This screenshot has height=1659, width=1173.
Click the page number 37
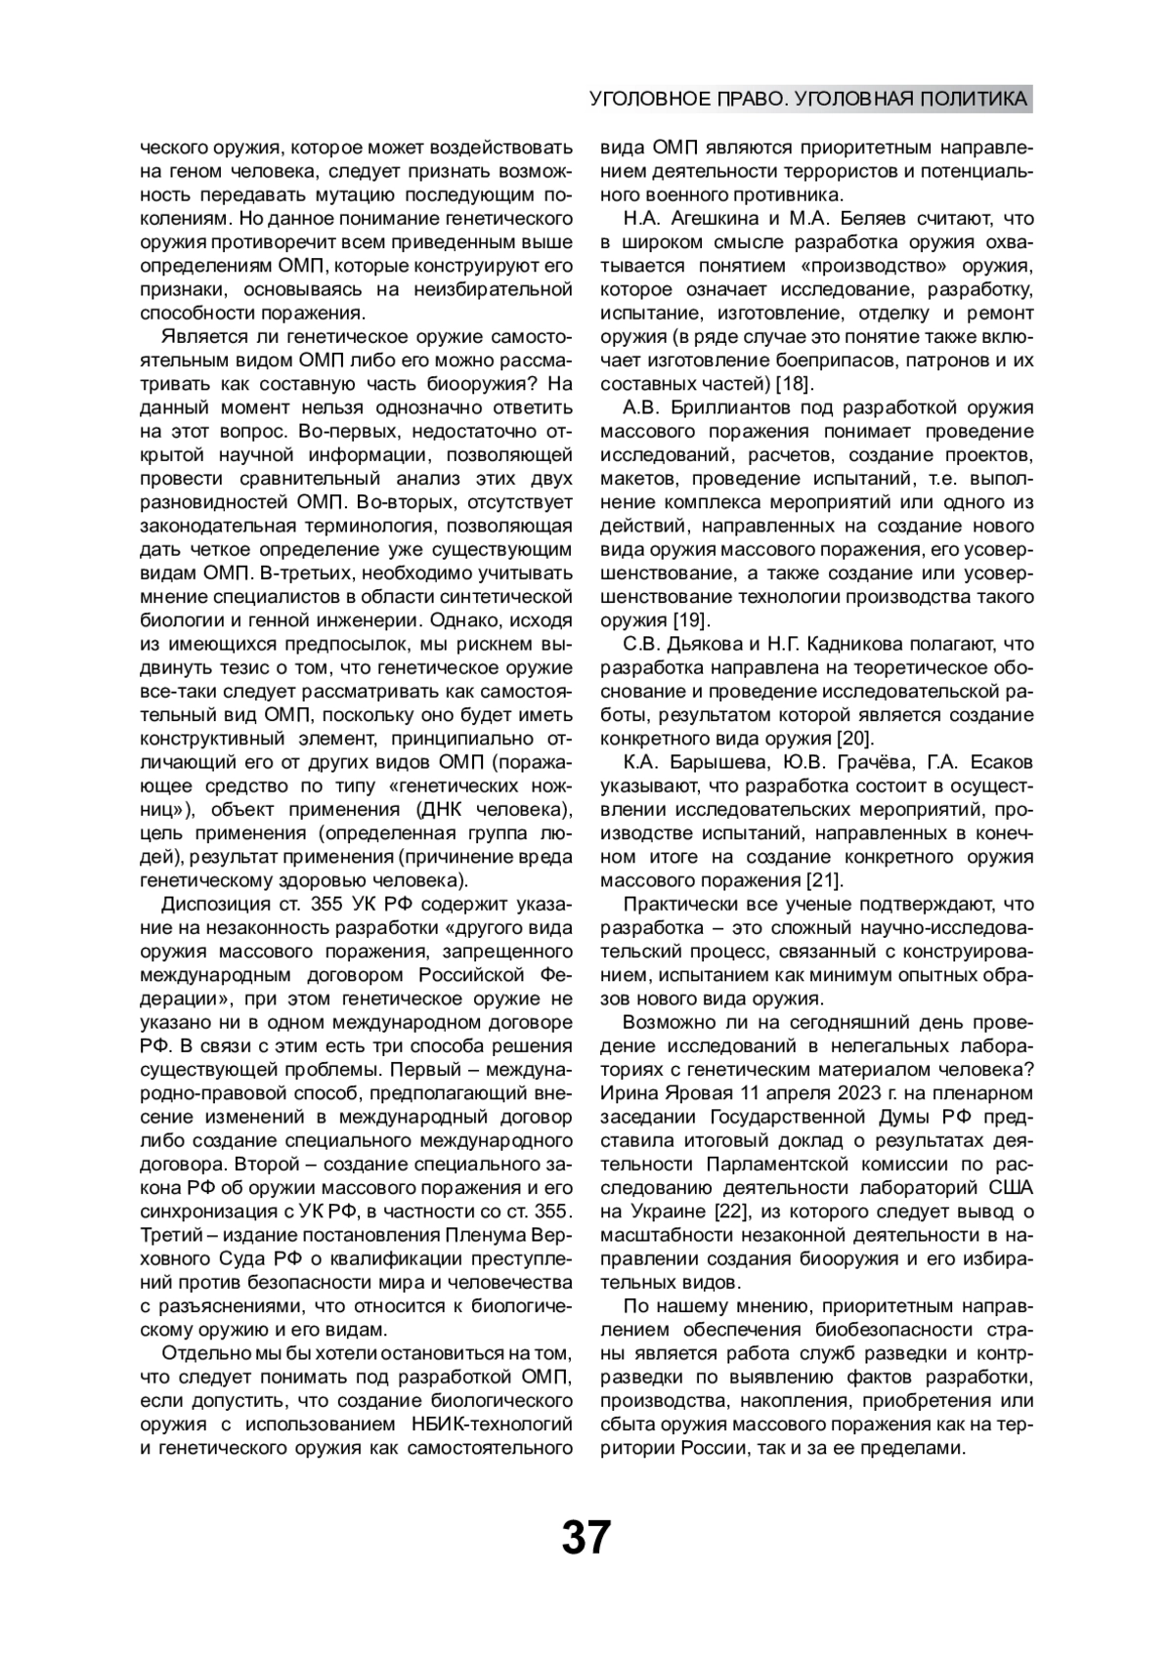tap(586, 1538)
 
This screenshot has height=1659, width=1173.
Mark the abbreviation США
tap(1012, 1188)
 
